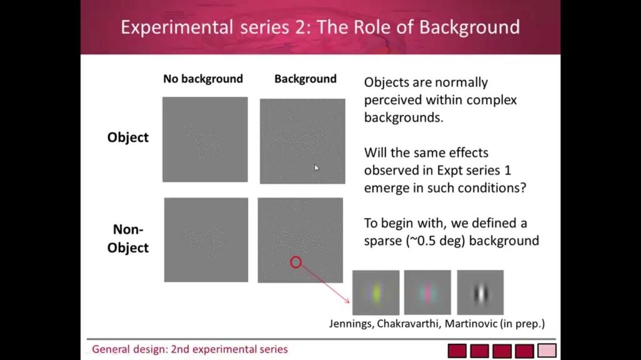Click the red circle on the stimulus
(x=296, y=257)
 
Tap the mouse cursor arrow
(x=316, y=168)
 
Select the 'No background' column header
(x=203, y=79)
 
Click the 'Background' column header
(x=306, y=79)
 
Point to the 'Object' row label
(x=128, y=137)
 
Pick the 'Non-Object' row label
(x=128, y=238)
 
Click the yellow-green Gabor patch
(x=376, y=293)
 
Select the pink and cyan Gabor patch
(x=427, y=293)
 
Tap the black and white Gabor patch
(x=480, y=293)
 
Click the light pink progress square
(x=547, y=351)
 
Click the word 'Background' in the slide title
(x=470, y=27)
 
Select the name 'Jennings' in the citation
(x=351, y=324)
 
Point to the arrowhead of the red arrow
(x=348, y=301)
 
